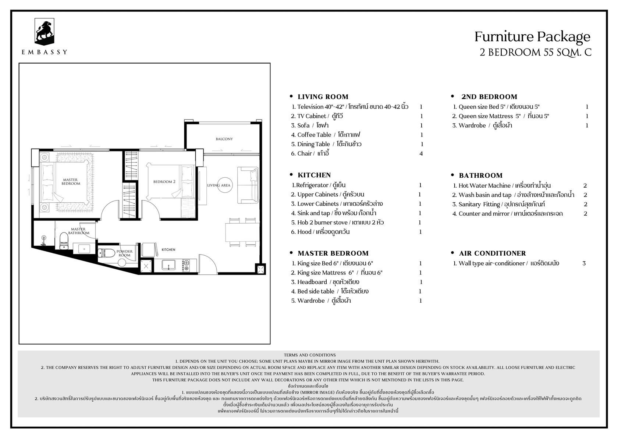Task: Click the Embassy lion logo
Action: pos(44,32)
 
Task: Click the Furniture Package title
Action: pos(533,37)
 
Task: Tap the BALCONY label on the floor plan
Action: pos(224,139)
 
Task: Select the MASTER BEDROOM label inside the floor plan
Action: pos(71,182)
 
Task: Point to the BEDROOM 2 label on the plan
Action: pos(164,182)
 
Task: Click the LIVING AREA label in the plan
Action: pos(219,185)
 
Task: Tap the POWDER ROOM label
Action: pos(124,253)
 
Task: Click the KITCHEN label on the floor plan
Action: pos(168,250)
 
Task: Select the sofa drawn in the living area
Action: pos(248,185)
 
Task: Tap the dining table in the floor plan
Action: pos(242,232)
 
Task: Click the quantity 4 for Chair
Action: pos(421,153)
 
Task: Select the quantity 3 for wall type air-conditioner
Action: pos(584,263)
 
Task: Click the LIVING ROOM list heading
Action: pos(323,97)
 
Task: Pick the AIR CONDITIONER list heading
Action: pos(493,253)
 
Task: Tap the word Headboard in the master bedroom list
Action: pos(312,282)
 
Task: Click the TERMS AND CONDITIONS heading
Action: pos(310,355)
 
